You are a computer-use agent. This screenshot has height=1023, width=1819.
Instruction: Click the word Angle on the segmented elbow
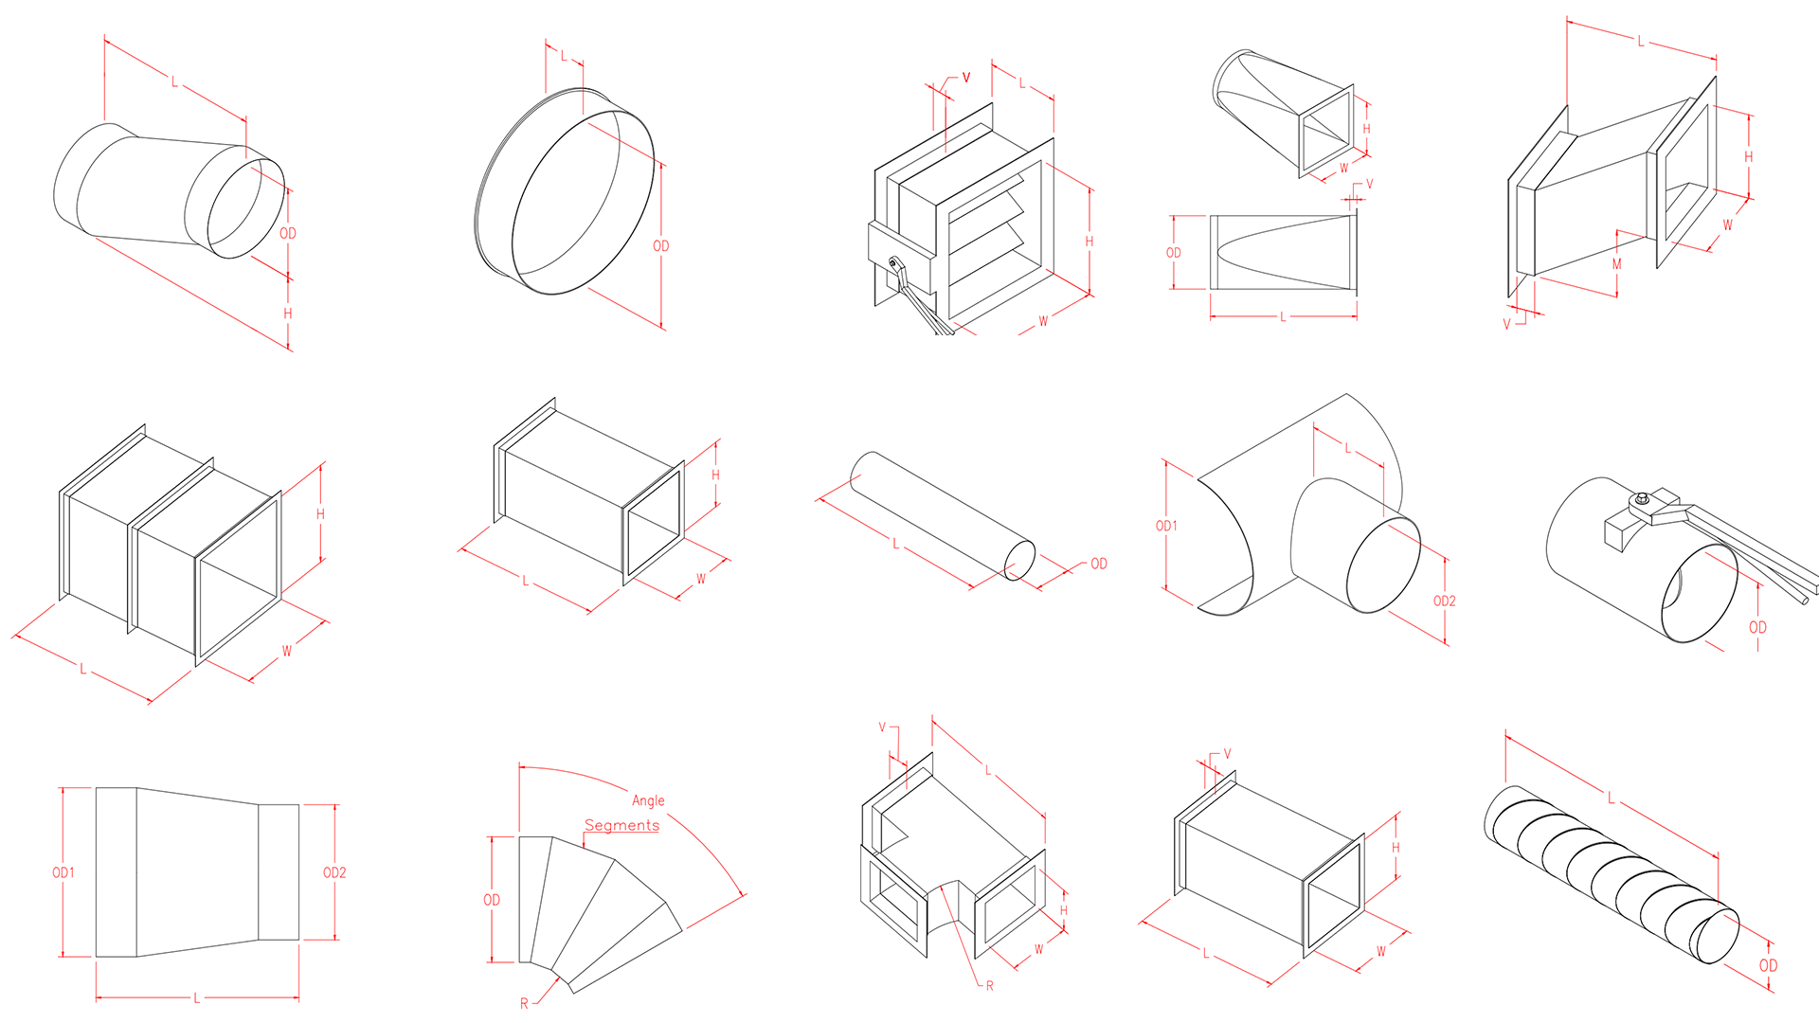pyautogui.click(x=648, y=800)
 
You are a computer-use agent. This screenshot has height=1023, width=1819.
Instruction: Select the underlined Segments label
pyautogui.click(x=621, y=825)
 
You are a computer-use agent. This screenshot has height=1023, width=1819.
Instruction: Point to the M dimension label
pyautogui.click(x=1616, y=264)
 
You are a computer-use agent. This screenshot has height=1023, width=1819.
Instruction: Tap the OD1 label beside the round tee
pyautogui.click(x=1166, y=526)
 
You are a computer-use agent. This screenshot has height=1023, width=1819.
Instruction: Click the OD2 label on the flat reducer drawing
pyautogui.click(x=334, y=872)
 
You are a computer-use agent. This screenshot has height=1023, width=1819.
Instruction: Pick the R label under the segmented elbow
pyautogui.click(x=524, y=1003)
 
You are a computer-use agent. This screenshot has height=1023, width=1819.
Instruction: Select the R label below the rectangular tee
pyautogui.click(x=990, y=986)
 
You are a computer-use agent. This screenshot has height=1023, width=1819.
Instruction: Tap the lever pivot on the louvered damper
pyautogui.click(x=892, y=263)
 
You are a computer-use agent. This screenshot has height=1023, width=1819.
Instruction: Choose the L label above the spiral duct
pyautogui.click(x=1611, y=799)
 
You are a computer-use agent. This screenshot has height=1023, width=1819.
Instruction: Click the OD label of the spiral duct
pyautogui.click(x=1768, y=965)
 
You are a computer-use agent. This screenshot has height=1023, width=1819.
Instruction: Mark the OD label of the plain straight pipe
pyautogui.click(x=1099, y=564)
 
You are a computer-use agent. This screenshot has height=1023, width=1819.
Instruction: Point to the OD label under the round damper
pyautogui.click(x=1757, y=627)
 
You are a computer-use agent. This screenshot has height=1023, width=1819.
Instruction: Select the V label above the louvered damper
pyautogui.click(x=966, y=78)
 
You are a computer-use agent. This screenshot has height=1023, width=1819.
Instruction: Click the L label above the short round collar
pyautogui.click(x=564, y=56)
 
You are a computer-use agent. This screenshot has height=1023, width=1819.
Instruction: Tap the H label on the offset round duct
pyautogui.click(x=288, y=313)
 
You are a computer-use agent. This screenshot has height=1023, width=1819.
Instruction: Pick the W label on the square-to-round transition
pyautogui.click(x=1343, y=169)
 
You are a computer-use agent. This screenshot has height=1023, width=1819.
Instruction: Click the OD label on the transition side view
pyautogui.click(x=1174, y=253)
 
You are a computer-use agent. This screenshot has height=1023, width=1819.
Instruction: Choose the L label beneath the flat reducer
pyautogui.click(x=197, y=997)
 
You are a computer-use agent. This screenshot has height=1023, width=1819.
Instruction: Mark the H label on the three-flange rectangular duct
pyautogui.click(x=320, y=514)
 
